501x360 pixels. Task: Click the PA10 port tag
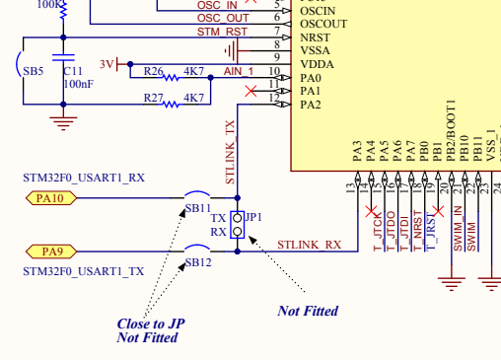50,198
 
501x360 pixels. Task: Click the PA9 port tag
48,251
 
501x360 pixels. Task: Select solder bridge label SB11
198,209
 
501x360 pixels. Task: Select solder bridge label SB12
198,263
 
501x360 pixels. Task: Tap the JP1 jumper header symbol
237,225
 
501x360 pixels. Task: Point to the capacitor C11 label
73,71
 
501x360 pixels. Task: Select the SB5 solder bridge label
34,72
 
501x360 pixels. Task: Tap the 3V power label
107,64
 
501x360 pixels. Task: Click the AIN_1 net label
239,72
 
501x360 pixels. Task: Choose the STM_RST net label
223,32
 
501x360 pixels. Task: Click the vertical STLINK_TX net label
231,153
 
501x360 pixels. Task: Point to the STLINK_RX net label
309,244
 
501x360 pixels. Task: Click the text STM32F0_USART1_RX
84,179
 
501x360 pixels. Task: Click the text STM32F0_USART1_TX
84,270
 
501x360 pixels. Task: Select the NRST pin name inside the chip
316,36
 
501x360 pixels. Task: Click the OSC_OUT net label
223,18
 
